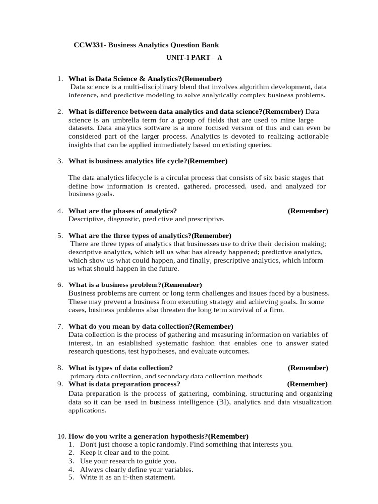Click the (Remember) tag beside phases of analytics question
coord(308,211)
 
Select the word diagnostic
coord(121,219)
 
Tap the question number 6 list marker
coord(60,285)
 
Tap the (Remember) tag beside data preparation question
coord(308,384)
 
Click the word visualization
coord(310,402)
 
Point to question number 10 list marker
coord(61,436)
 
